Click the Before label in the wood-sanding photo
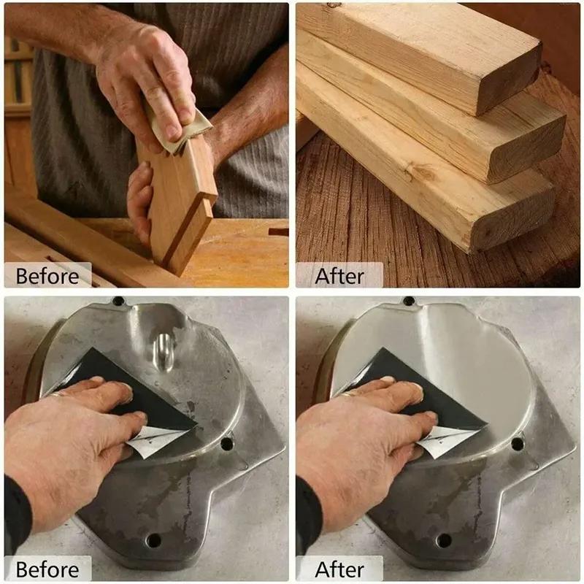[x=47, y=277]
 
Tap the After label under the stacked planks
[x=339, y=277]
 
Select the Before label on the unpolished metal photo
[x=47, y=569]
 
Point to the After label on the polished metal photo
[x=339, y=569]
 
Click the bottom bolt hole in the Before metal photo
[x=153, y=540]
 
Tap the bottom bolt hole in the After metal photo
[x=444, y=540]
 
